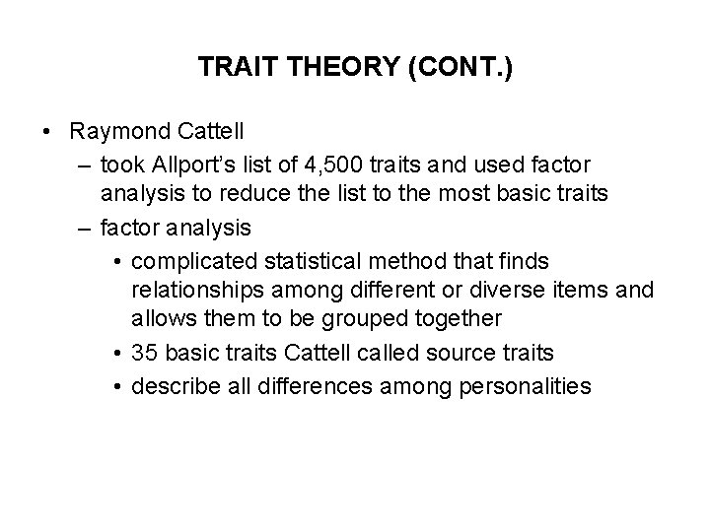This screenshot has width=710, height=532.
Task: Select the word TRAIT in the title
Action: pos(230,68)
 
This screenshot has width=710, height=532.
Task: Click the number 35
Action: pos(145,352)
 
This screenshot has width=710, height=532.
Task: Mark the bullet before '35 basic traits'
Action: pos(117,352)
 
